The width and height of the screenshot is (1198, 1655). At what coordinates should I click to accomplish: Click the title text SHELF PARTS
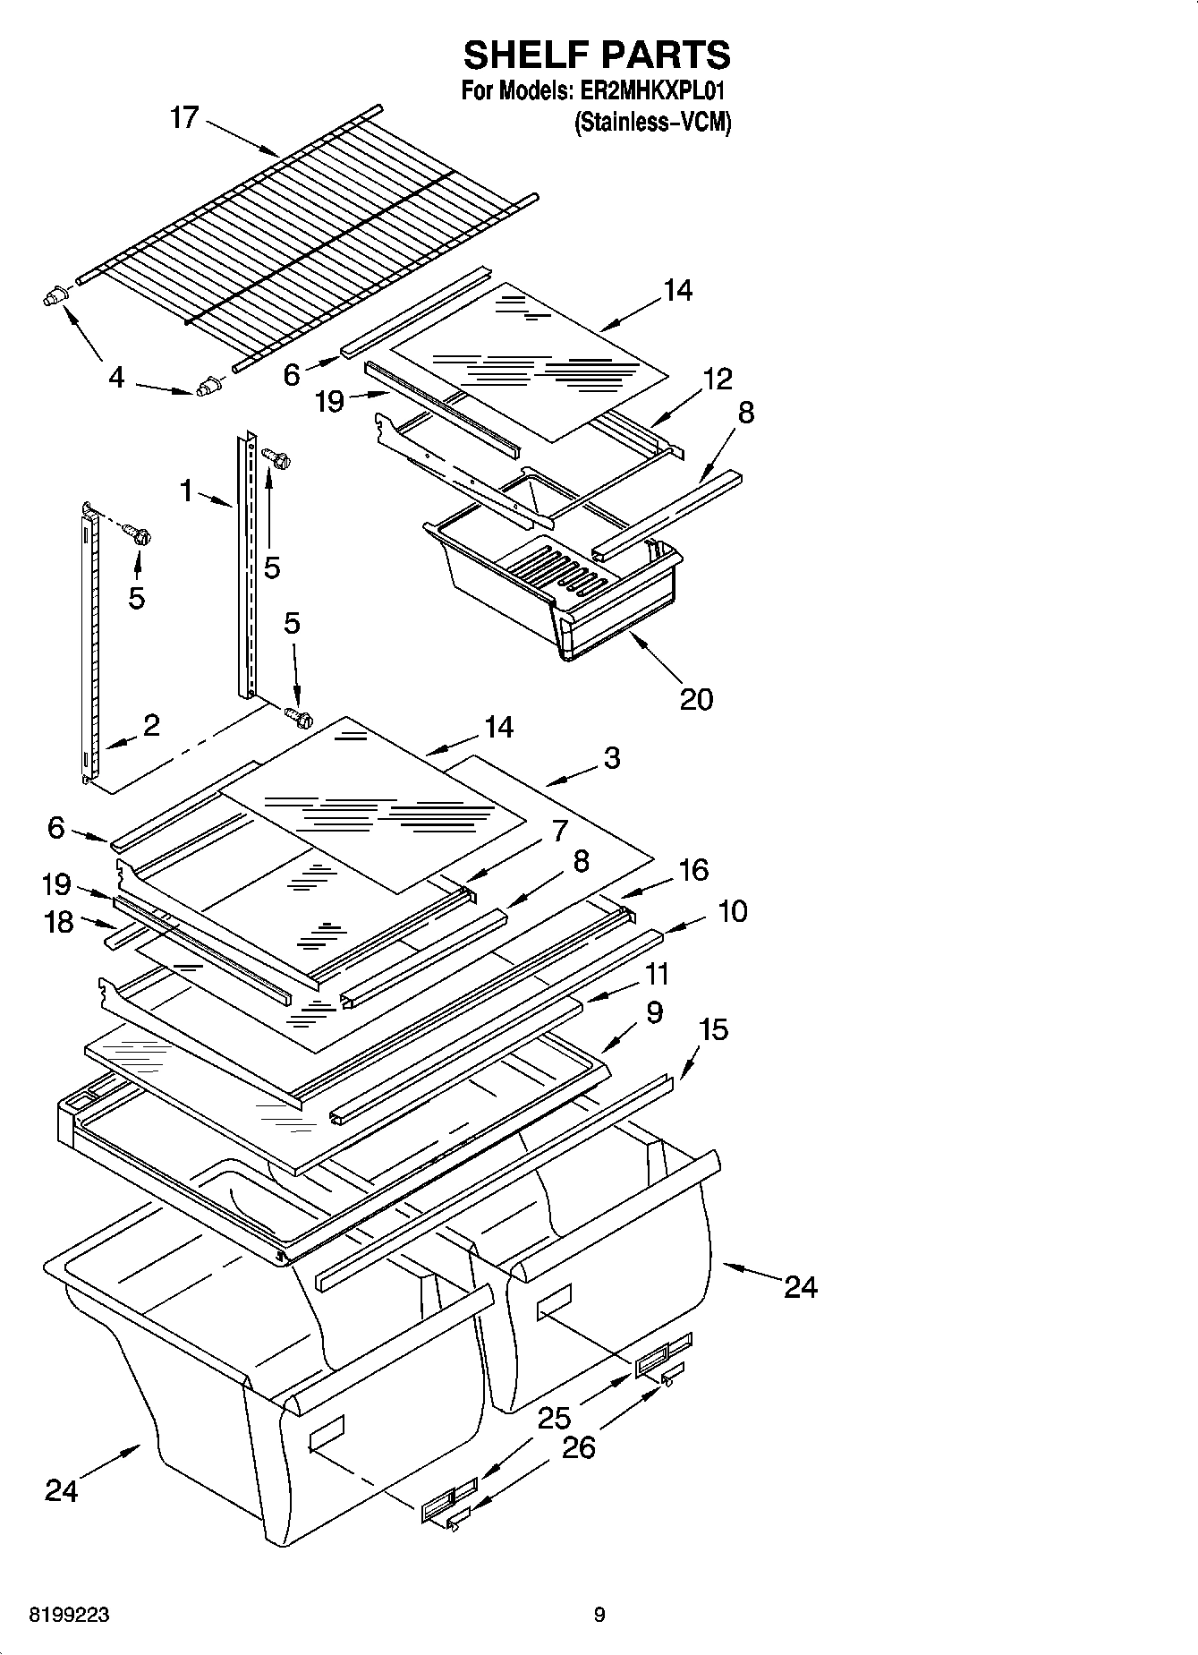(x=597, y=55)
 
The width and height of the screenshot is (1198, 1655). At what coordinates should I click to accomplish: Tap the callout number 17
(x=183, y=117)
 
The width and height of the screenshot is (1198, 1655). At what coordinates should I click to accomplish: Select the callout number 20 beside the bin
(x=696, y=698)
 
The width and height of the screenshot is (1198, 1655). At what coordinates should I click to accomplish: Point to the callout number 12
(x=717, y=379)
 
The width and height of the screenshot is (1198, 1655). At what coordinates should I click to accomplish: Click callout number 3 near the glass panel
(x=611, y=758)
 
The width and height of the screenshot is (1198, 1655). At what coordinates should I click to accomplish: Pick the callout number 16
(x=693, y=869)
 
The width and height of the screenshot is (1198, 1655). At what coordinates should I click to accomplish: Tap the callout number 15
(x=713, y=1029)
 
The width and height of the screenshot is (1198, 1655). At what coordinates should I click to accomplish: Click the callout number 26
(x=579, y=1447)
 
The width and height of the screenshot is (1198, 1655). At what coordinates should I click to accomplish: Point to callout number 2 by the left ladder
(x=151, y=724)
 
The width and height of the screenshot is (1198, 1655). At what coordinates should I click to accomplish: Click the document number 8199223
(x=70, y=1615)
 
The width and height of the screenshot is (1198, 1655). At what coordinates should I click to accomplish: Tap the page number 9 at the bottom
(x=599, y=1615)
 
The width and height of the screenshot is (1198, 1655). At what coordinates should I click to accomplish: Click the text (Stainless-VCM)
(x=652, y=123)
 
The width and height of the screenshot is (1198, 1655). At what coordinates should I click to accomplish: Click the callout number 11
(x=657, y=973)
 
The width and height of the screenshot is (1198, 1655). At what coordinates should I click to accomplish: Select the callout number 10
(x=732, y=911)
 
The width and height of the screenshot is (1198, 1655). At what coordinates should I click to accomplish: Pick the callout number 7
(x=559, y=831)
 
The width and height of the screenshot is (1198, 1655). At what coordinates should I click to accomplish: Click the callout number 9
(x=653, y=1012)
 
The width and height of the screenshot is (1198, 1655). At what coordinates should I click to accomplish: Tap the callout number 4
(x=116, y=378)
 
